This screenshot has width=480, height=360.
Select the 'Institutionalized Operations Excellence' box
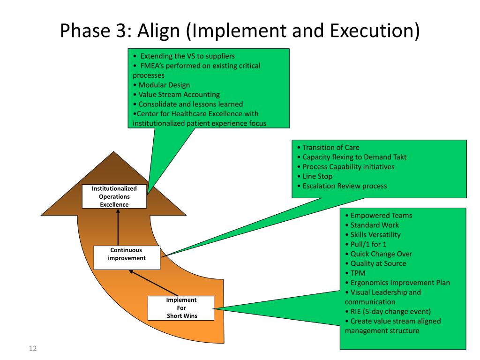pyautogui.click(x=114, y=196)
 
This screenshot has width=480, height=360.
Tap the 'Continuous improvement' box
pyautogui.click(x=127, y=257)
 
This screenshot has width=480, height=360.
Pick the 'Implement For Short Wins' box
pyautogui.click(x=182, y=308)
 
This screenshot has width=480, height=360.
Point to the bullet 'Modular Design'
pyautogui.click(x=161, y=85)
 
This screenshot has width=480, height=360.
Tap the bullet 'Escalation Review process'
pyautogui.click(x=345, y=186)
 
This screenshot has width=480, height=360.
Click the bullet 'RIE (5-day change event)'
pyautogui.click(x=390, y=311)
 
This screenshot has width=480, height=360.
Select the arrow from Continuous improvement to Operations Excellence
pyautogui.click(x=118, y=227)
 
